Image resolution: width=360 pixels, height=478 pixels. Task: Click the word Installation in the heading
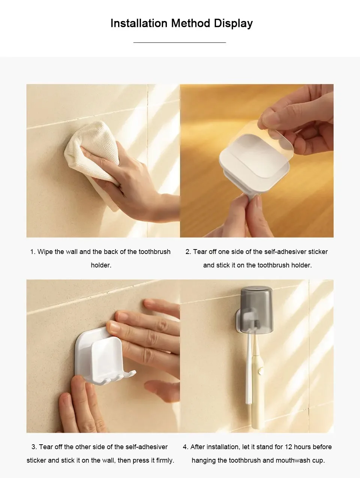pyautogui.click(x=139, y=23)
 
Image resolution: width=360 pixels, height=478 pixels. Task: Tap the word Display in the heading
pyautogui.click(x=233, y=24)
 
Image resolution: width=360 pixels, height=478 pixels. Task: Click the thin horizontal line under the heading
pyautogui.click(x=180, y=42)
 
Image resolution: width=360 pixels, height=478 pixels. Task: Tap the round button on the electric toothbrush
pyautogui.click(x=260, y=371)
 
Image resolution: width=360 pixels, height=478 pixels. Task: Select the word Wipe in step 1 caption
pyautogui.click(x=45, y=252)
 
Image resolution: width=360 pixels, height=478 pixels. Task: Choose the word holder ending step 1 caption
pyautogui.click(x=101, y=265)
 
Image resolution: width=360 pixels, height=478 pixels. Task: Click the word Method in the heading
pyautogui.click(x=190, y=23)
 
